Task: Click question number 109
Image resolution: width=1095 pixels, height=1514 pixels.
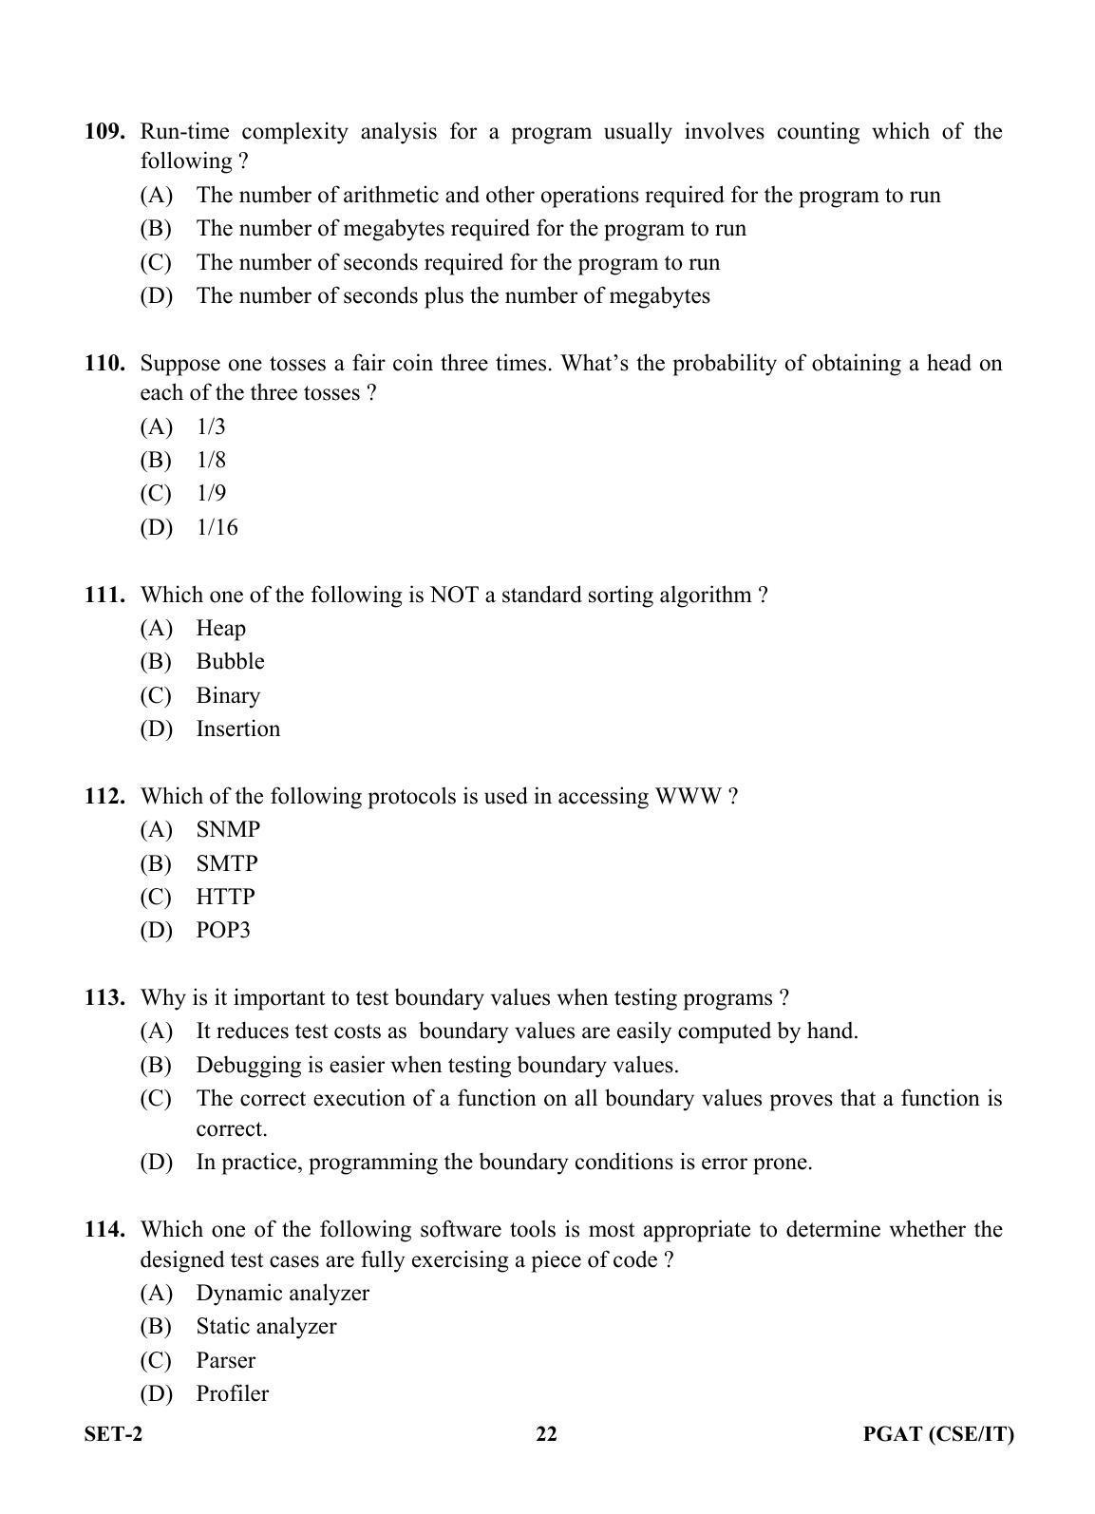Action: (x=104, y=132)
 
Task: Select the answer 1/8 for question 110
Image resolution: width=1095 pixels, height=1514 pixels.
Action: (x=211, y=461)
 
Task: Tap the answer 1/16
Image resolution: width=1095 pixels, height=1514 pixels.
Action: (x=217, y=528)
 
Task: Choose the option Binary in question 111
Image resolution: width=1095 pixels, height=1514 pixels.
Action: (x=228, y=696)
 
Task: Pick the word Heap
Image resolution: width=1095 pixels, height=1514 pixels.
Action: (x=220, y=629)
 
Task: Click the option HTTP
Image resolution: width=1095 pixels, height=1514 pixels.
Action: (x=225, y=898)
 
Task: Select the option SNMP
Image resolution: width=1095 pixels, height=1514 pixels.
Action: (x=228, y=830)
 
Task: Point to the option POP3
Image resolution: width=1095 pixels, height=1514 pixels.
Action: (x=223, y=931)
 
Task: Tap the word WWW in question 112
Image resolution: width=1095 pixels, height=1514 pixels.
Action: (x=689, y=797)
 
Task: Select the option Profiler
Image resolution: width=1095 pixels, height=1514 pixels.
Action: (x=232, y=1394)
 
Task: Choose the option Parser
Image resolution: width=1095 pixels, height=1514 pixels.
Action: (x=225, y=1361)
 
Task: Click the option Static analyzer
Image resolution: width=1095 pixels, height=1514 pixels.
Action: (x=266, y=1327)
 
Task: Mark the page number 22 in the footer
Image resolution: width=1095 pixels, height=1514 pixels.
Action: (x=547, y=1435)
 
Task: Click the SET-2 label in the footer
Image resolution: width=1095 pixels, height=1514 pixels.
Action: (x=113, y=1435)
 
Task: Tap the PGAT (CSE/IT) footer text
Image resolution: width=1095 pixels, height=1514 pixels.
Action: (x=938, y=1435)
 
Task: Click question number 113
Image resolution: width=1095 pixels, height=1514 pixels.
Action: (x=104, y=998)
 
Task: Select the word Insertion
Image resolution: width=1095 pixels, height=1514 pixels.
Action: (x=237, y=729)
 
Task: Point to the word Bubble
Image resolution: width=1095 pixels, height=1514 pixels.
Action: (x=230, y=662)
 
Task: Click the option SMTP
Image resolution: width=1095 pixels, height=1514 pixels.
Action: (x=227, y=864)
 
